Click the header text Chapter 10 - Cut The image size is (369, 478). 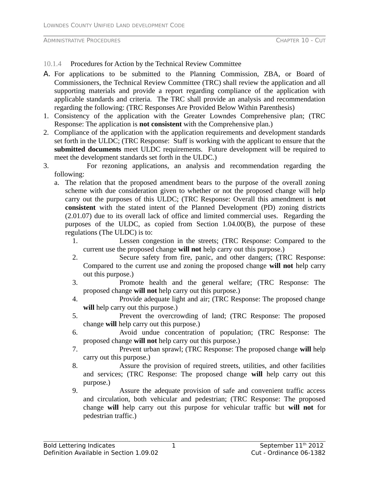[x=301, y=41]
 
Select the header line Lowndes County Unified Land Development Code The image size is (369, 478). [x=114, y=25]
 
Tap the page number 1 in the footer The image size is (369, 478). [x=174, y=446]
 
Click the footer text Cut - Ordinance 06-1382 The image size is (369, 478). [x=288, y=453]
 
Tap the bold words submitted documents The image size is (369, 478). [x=88, y=149]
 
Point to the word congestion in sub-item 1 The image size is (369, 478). [x=158, y=241]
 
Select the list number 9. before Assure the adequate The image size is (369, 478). [x=75, y=391]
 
